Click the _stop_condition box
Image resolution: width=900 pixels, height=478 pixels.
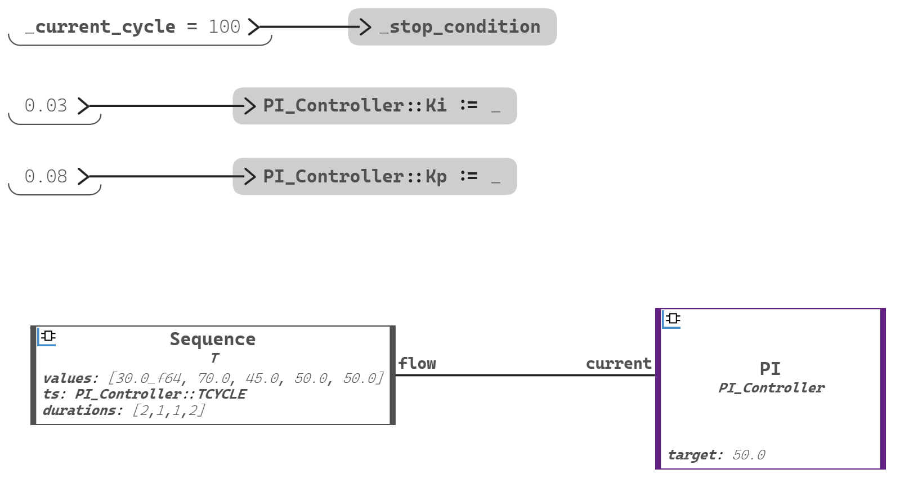point(452,27)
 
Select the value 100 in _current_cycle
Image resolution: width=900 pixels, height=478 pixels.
point(224,27)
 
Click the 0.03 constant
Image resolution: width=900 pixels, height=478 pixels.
point(46,106)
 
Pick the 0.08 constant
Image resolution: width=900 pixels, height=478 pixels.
point(46,177)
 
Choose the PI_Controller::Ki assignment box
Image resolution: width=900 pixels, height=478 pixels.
point(374,106)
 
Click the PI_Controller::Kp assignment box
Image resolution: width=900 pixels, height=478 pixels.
point(374,177)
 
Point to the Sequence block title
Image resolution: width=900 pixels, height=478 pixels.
point(213,339)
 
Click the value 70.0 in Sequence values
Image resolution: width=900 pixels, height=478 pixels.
point(213,378)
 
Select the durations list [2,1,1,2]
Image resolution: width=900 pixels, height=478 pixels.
point(169,410)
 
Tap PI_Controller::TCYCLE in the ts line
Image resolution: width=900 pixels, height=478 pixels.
point(160,394)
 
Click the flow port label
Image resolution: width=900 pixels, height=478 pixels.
point(417,364)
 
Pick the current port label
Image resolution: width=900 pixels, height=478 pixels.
point(618,364)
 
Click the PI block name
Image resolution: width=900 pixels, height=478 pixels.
point(770,369)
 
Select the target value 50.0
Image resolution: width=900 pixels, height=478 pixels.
point(749,455)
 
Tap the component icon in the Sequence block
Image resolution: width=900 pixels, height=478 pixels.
point(48,336)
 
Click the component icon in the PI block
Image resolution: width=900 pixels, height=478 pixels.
point(672,319)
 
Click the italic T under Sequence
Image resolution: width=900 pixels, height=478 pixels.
point(214,358)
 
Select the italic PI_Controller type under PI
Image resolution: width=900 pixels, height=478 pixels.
point(771,388)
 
